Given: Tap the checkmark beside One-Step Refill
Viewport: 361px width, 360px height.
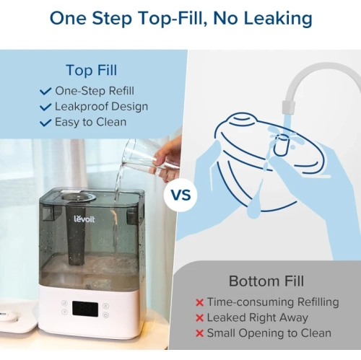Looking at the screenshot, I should pyautogui.click(x=45, y=91).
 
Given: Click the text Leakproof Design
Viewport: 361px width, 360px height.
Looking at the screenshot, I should pyautogui.click(x=102, y=107).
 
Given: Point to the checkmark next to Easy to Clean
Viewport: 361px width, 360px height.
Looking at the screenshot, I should pyautogui.click(x=45, y=122).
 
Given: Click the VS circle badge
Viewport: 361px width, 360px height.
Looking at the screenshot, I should pyautogui.click(x=180, y=195).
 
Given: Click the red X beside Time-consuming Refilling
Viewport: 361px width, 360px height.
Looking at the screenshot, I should pyautogui.click(x=199, y=302).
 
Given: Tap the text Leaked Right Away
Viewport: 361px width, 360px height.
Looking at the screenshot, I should pyautogui.click(x=257, y=317).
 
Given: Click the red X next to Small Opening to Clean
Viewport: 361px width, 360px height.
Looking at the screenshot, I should pyautogui.click(x=199, y=333).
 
